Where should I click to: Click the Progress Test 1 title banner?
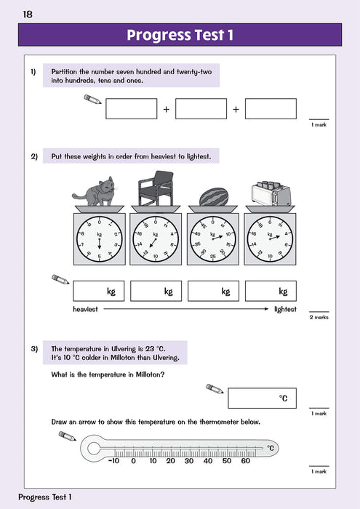click(x=180, y=35)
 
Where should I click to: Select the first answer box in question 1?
click(x=131, y=109)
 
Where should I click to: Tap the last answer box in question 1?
click(x=271, y=109)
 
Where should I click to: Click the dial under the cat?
click(x=100, y=237)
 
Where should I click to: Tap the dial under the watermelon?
click(x=212, y=237)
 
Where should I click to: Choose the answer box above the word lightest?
click(x=271, y=292)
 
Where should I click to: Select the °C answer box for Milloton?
click(x=262, y=398)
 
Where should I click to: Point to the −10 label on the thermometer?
click(x=113, y=461)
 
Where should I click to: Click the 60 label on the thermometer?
click(x=245, y=461)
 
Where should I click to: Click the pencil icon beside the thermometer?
click(x=67, y=436)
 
